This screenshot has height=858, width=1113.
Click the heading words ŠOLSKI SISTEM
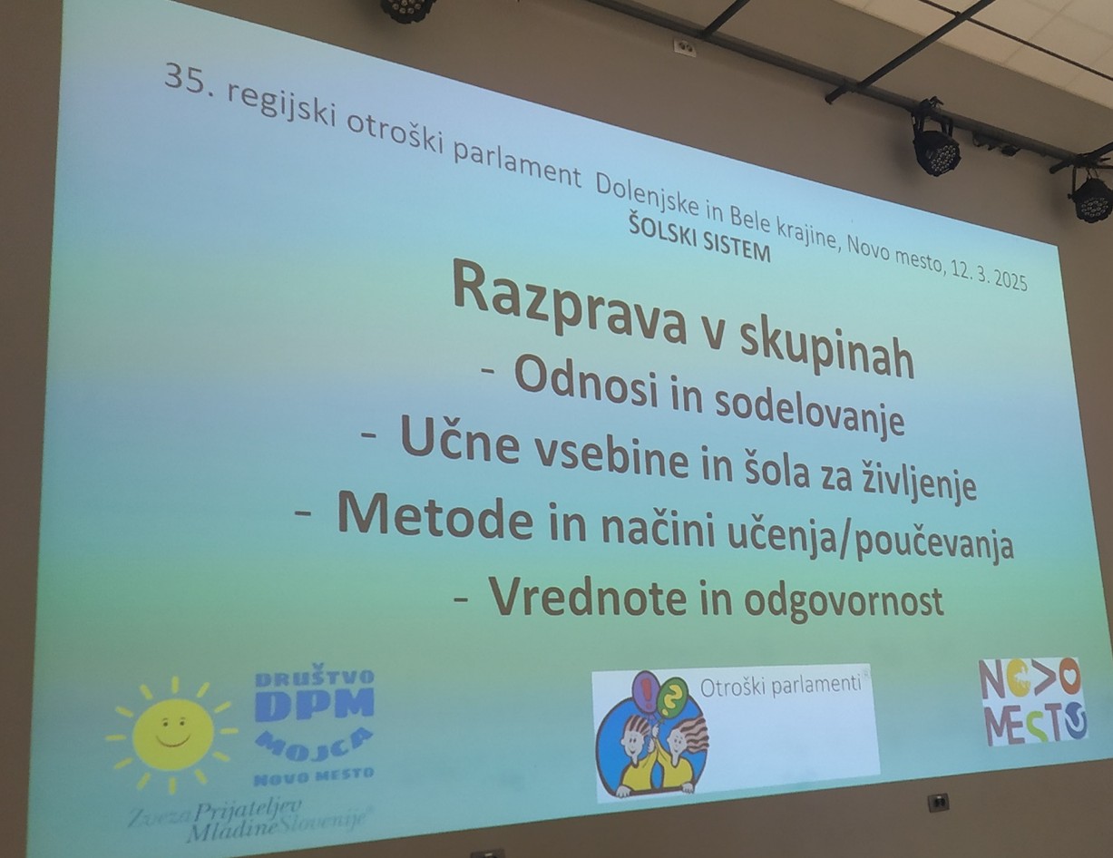click(699, 242)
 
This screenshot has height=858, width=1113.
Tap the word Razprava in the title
click(570, 308)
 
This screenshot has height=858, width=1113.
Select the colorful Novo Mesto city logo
click(1032, 701)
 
